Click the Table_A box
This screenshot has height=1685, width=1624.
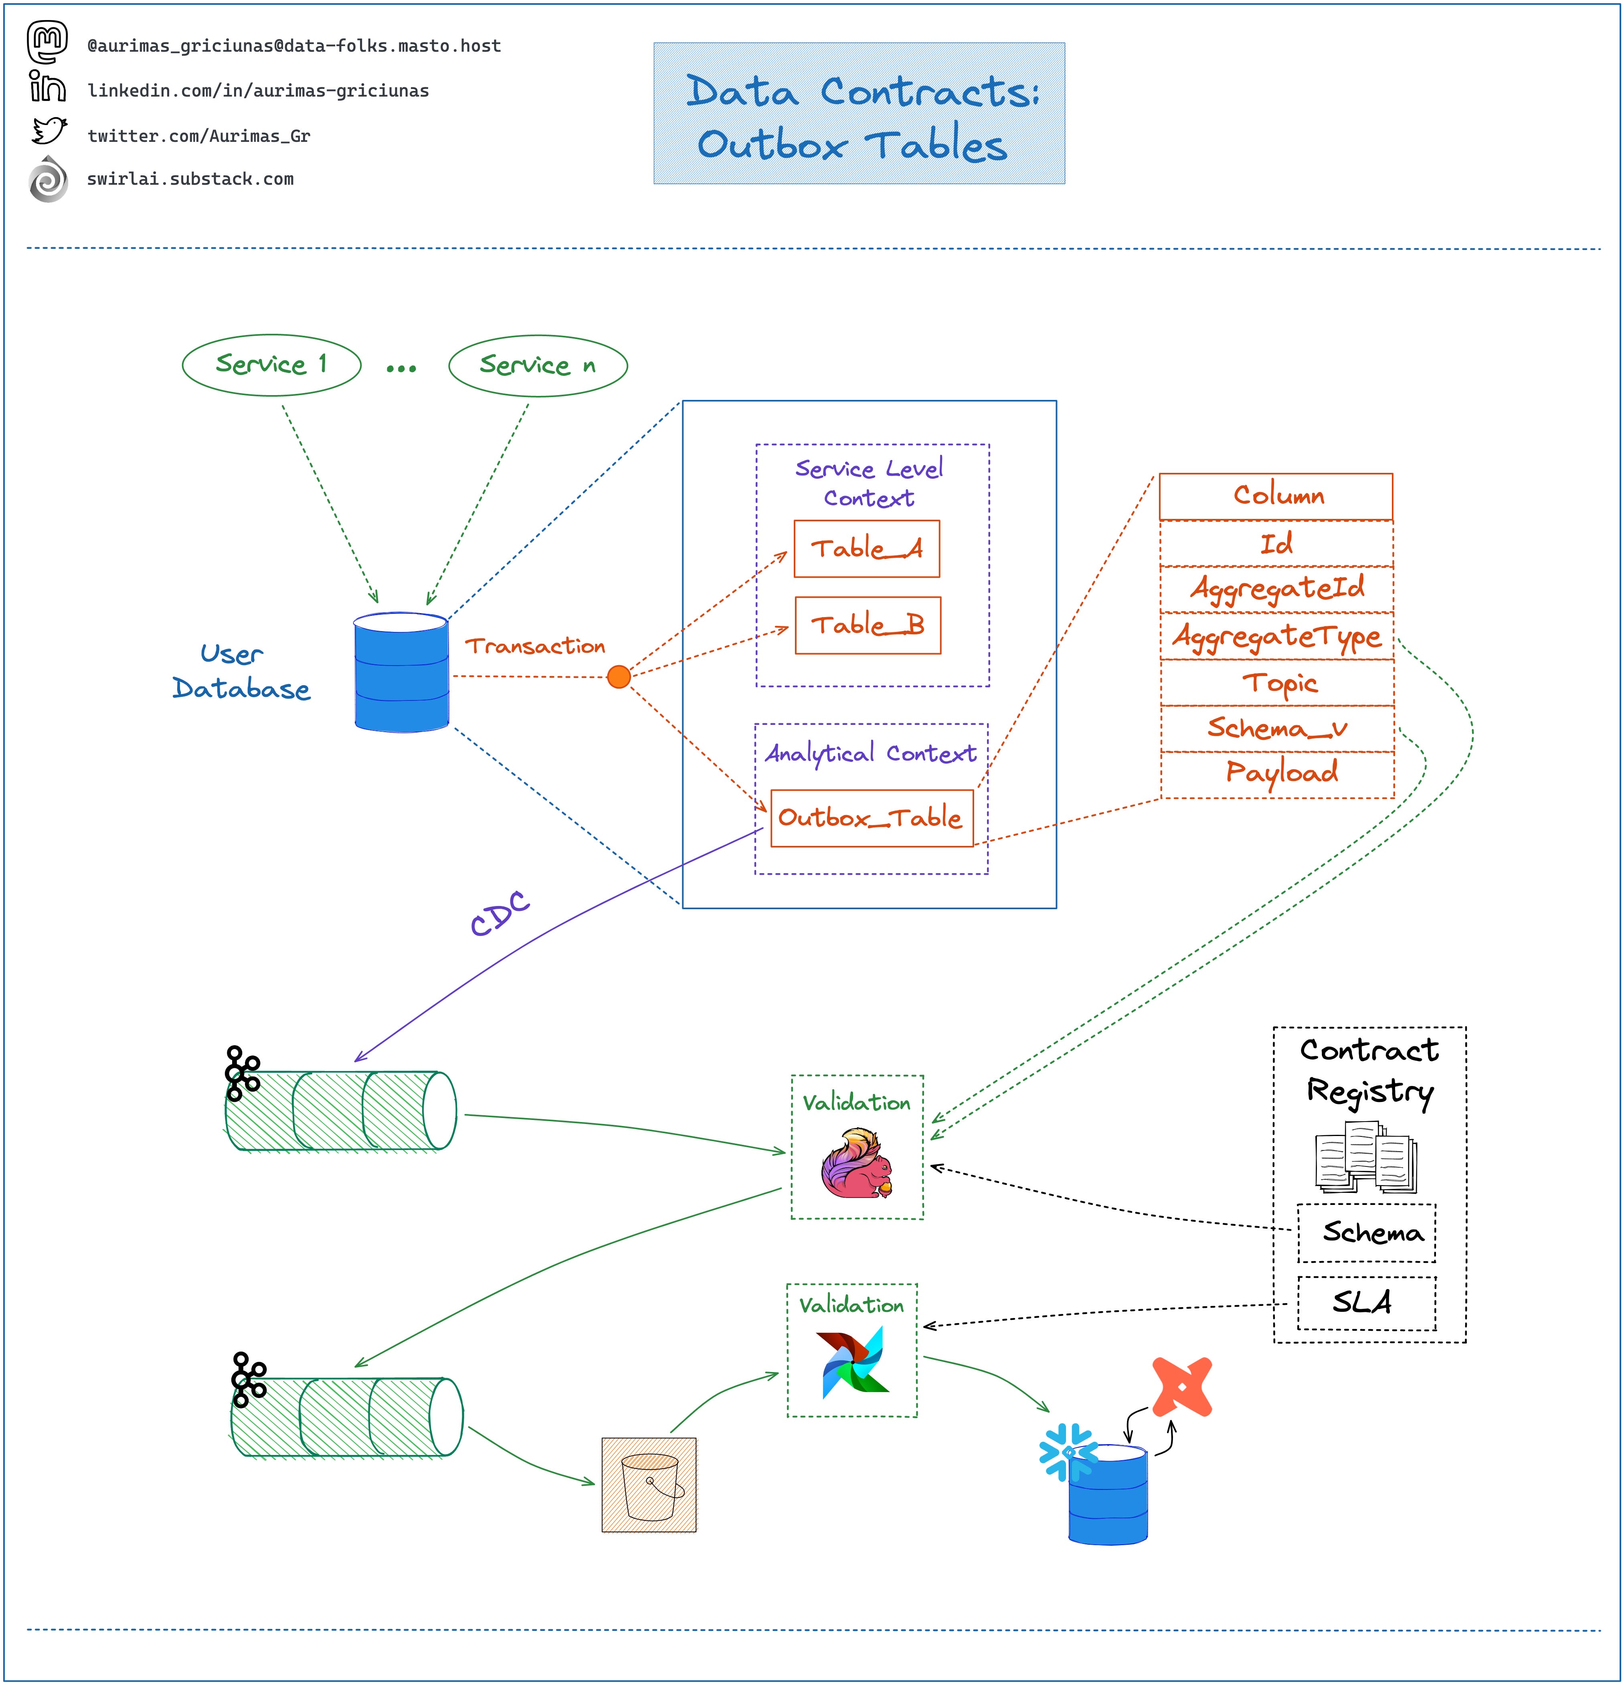pos(866,549)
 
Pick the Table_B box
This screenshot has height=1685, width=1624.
pos(867,625)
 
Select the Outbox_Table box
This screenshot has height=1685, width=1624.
pos(872,817)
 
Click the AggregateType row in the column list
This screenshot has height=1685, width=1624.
pos(1276,636)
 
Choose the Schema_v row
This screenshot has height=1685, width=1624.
pos(1277,729)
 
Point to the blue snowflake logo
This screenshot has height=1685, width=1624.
pos(1068,1452)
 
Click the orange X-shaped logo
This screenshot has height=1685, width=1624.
pos(1182,1387)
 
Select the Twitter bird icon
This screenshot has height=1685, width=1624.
pos(49,131)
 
